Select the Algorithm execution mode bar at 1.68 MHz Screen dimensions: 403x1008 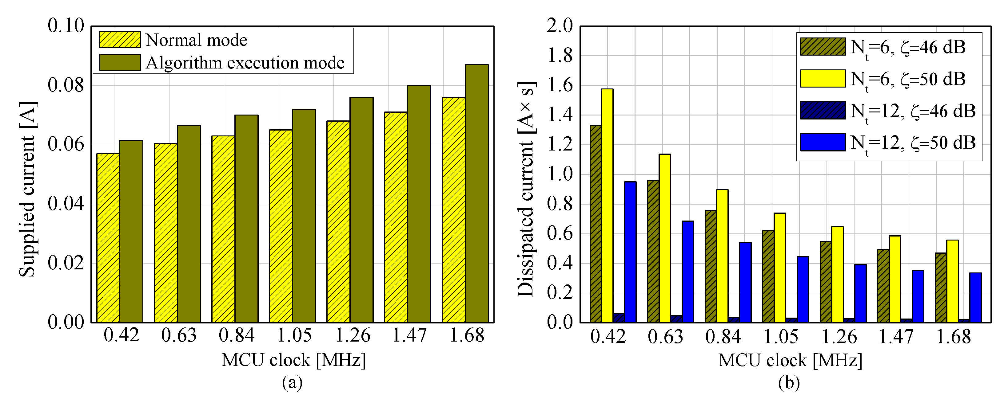pos(476,194)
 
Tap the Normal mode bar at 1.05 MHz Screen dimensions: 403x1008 pos(281,226)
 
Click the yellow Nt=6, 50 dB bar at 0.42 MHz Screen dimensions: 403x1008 pos(607,205)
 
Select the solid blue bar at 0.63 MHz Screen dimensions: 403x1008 pos(688,272)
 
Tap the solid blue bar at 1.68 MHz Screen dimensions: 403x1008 pos(975,297)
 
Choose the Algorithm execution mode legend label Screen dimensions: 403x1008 pos(245,63)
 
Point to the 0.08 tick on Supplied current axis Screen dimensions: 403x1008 pos(66,85)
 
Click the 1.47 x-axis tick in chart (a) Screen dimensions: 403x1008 pos(409,335)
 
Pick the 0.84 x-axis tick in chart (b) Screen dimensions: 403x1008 pos(723,337)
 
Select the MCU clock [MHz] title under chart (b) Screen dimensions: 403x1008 pos(790,360)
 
